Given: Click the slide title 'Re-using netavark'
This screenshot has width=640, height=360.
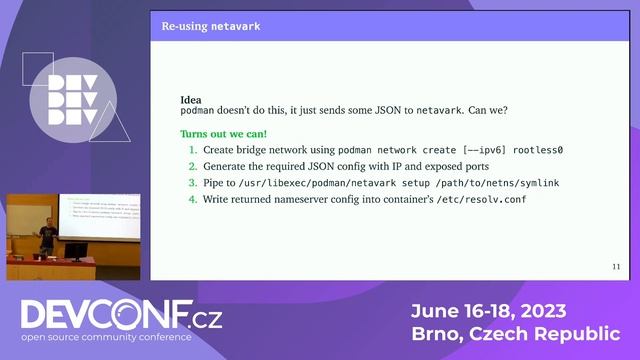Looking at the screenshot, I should coord(211,26).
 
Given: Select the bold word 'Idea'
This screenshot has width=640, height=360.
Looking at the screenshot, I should coord(189,100).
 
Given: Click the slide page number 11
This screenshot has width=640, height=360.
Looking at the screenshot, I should coord(615,267).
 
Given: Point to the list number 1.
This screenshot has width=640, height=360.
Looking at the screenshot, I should coord(193,150).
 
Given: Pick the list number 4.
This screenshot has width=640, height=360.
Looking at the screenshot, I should coord(193,201).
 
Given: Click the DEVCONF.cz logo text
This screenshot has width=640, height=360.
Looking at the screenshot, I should coord(120,317).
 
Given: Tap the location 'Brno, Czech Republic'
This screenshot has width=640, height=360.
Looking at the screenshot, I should coord(515,333).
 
